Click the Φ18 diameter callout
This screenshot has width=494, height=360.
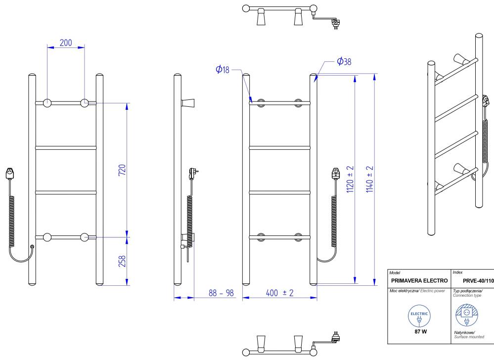(x=223, y=70)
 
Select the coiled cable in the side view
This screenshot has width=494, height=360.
(x=189, y=213)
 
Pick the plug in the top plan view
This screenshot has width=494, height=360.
(x=336, y=23)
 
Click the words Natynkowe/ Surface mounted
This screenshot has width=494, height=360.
(x=469, y=335)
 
